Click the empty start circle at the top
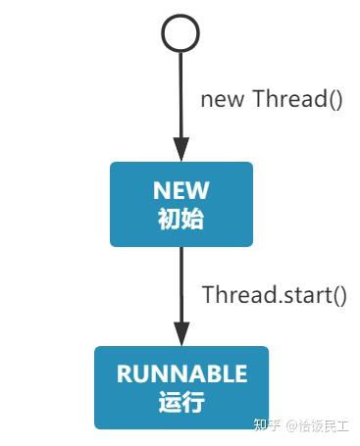tap(181, 33)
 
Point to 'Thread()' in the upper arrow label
tap(297, 99)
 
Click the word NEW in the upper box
tap(181, 190)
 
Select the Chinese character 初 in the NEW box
tap(170, 218)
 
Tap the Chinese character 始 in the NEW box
tap(193, 218)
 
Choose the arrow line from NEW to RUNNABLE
tap(181, 284)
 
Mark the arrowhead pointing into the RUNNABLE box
tap(181, 332)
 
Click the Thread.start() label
tap(275, 294)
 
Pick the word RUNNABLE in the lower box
tap(181, 373)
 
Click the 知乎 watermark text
tap(268, 426)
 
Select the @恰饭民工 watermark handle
tap(318, 426)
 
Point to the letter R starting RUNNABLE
tap(124, 373)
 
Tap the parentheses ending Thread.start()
tap(338, 294)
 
